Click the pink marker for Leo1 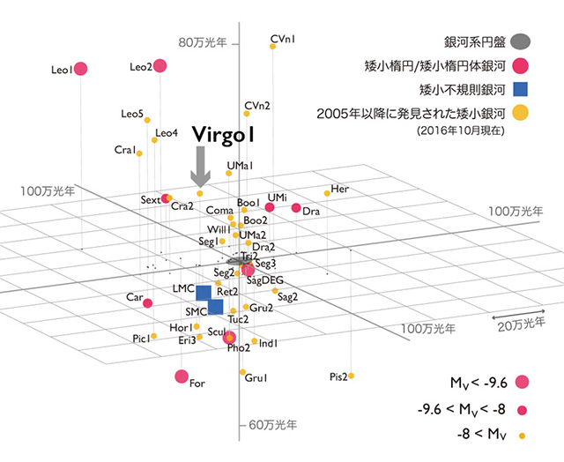80,69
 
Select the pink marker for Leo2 160,65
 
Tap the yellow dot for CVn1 272,46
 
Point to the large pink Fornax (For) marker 182,377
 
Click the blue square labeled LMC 204,292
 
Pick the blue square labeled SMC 215,307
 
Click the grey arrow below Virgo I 201,166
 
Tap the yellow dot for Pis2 351,376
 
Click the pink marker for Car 147,302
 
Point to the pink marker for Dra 296,208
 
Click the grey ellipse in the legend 521,41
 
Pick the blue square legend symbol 521,88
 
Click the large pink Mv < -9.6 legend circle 522,382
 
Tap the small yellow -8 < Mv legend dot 522,435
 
